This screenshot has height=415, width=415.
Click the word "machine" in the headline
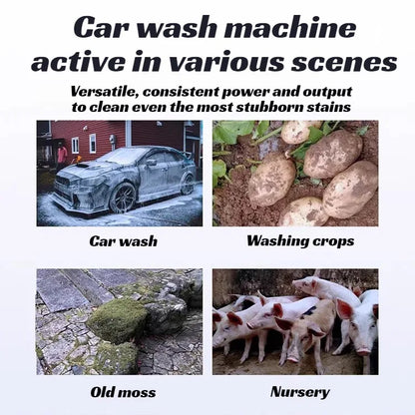[x=290, y=27]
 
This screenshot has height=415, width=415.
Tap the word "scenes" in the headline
[x=345, y=62]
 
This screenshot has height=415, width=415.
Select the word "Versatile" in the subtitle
[x=105, y=92]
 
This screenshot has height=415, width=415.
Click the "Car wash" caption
[x=123, y=241]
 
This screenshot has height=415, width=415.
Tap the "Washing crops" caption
[x=300, y=241]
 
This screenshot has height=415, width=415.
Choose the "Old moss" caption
[x=123, y=392]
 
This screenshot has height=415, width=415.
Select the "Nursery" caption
[x=300, y=392]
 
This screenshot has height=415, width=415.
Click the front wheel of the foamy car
[x=123, y=199]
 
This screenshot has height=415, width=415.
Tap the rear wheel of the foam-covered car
[x=188, y=184]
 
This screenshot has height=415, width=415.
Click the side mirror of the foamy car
[x=152, y=163]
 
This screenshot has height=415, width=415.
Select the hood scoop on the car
[x=82, y=165]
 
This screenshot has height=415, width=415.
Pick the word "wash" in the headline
[x=178, y=27]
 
